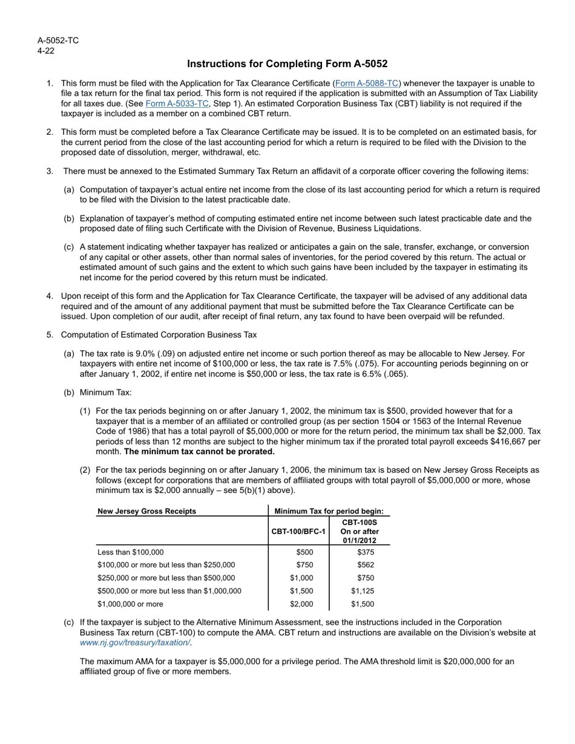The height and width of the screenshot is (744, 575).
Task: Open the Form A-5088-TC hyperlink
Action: pos(367,83)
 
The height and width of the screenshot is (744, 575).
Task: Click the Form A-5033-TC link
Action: pos(177,104)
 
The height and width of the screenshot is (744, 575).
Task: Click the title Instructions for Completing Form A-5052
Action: pos(287,64)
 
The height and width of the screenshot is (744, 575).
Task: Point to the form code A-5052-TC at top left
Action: pos(58,41)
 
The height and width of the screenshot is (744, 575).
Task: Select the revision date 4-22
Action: pos(46,51)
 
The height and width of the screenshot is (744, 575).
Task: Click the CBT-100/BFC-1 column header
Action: pos(298,532)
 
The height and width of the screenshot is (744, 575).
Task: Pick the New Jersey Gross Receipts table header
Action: pos(146,511)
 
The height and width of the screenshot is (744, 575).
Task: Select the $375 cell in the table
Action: pos(366,552)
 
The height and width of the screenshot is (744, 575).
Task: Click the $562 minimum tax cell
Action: pos(366,565)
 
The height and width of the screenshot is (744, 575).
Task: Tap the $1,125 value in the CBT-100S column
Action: pos(363,591)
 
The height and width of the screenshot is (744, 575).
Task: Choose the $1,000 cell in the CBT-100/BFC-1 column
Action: pos(301,578)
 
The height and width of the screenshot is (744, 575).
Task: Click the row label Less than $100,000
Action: pos(130,552)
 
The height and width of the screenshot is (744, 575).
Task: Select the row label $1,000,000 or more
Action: pos(130,604)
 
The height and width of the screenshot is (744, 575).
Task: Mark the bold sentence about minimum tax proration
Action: pos(199,452)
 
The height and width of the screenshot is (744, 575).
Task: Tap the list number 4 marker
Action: pos(50,296)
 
